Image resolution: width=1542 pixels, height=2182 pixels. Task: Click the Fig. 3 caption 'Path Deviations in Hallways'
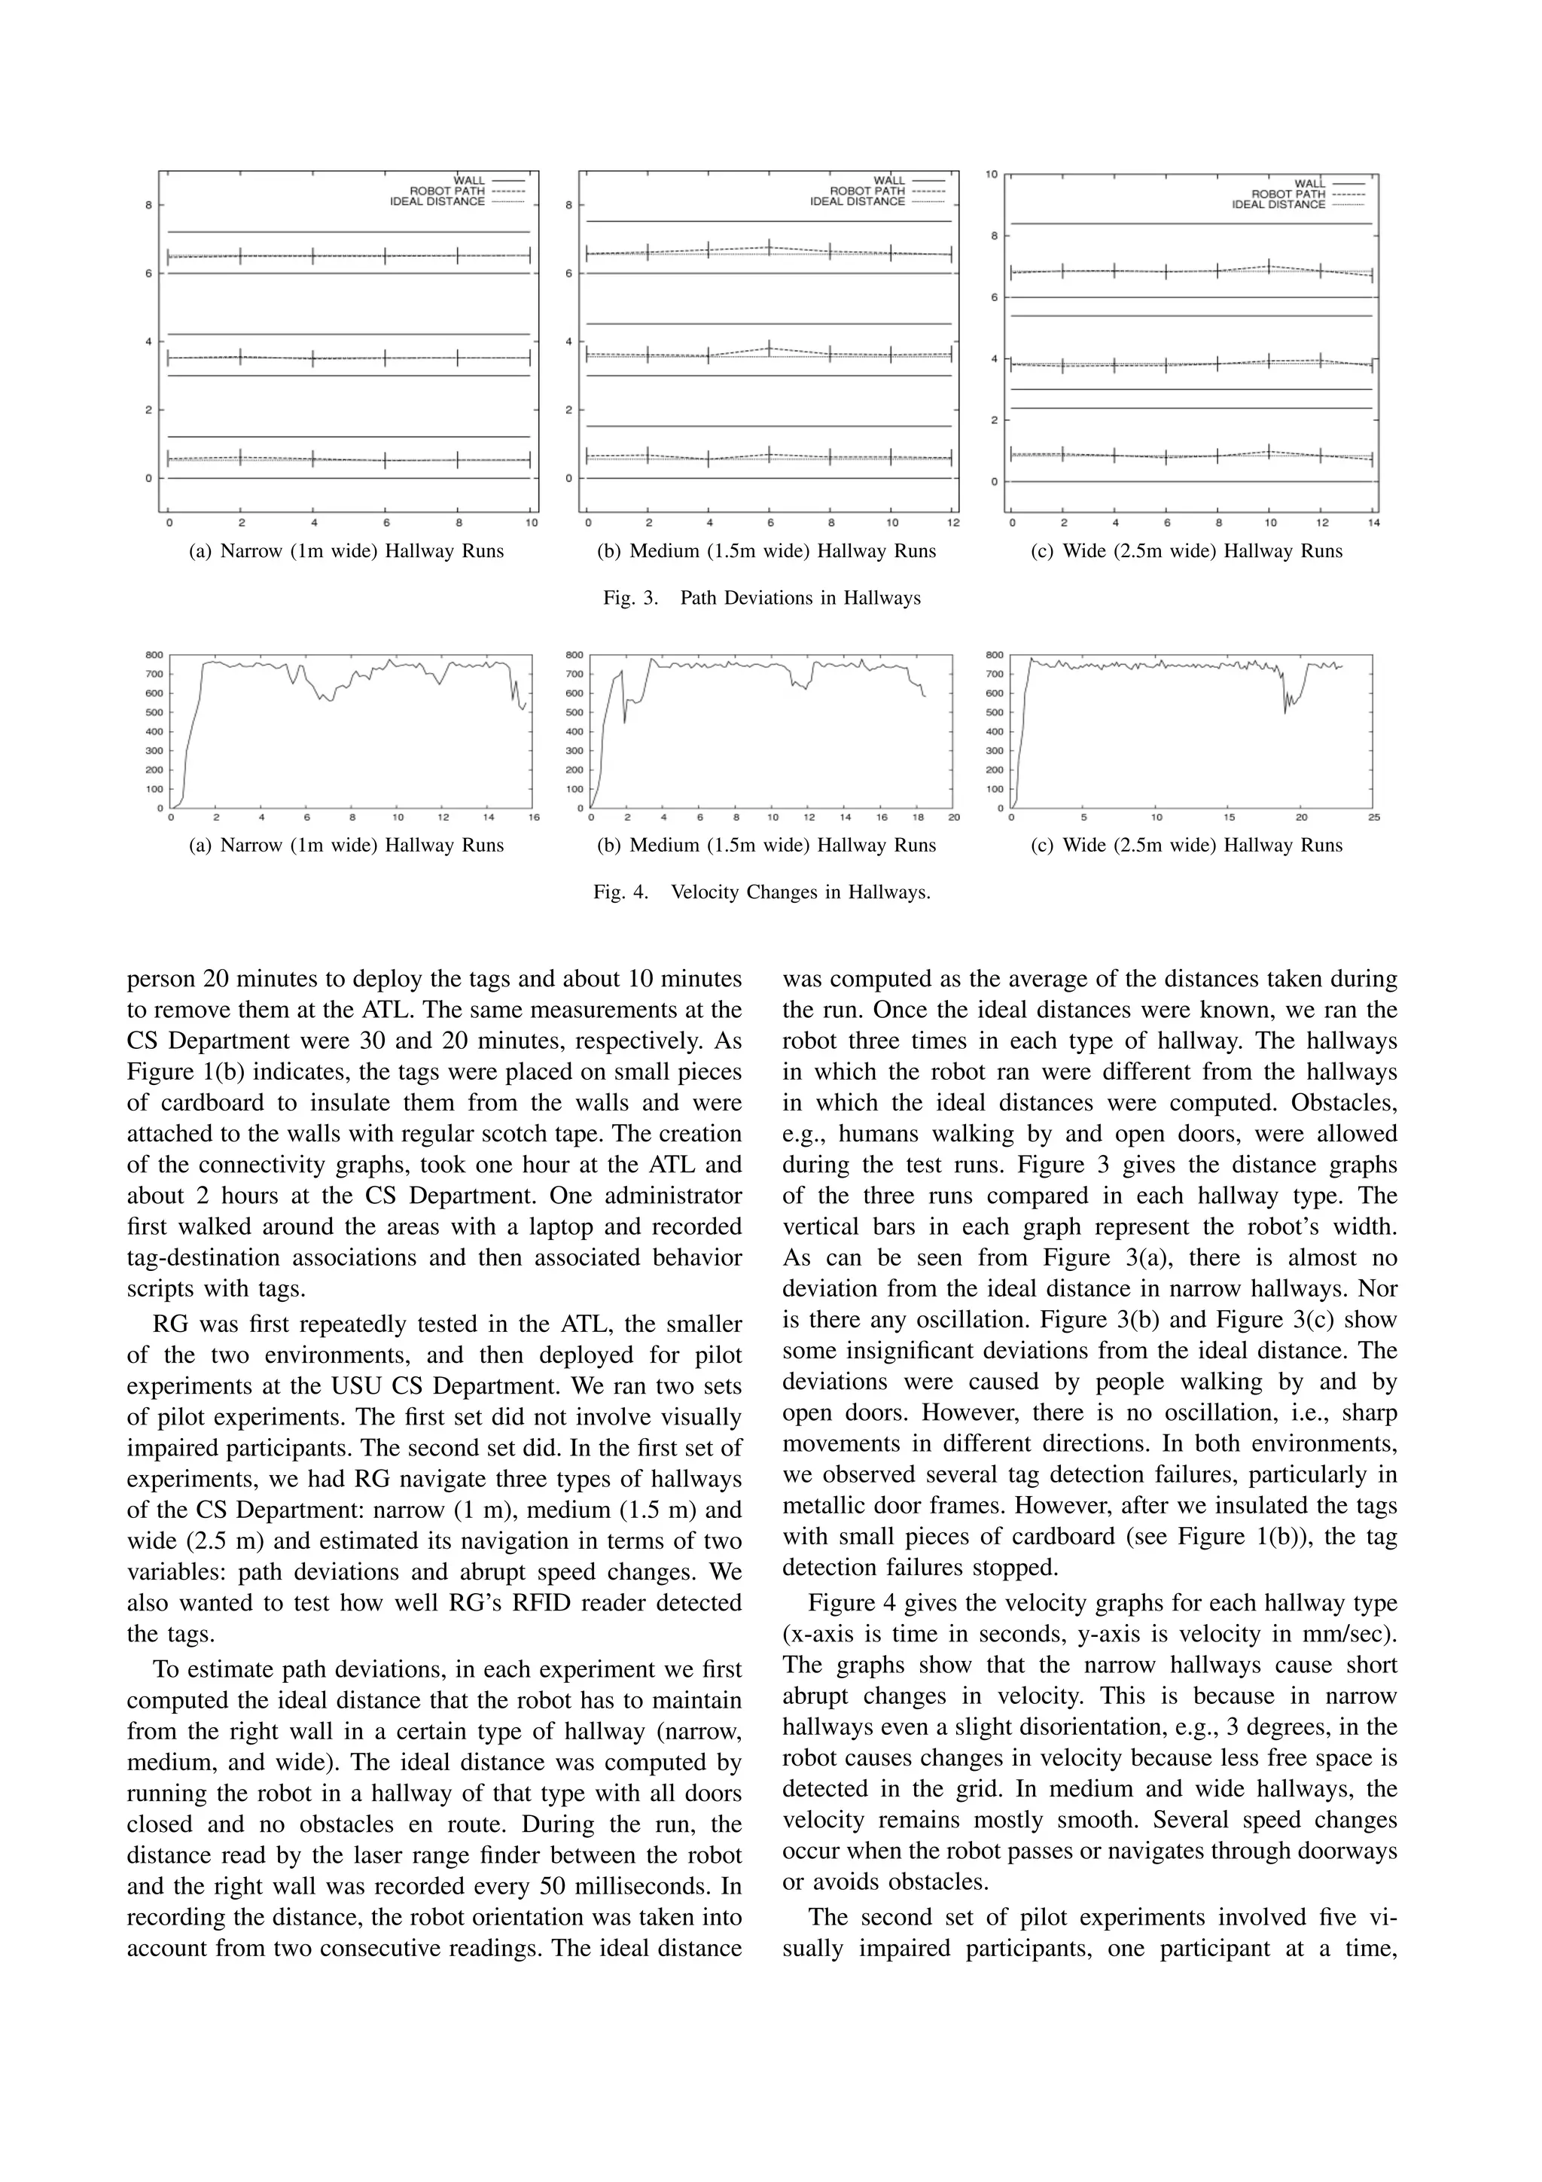[800, 598]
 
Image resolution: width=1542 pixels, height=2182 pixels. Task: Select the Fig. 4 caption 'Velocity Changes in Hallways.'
[800, 892]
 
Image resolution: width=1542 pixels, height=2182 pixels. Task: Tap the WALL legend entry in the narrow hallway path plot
[469, 181]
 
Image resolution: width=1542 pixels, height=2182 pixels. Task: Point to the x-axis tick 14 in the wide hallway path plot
[1374, 523]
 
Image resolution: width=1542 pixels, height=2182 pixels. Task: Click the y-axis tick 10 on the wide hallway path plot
[991, 175]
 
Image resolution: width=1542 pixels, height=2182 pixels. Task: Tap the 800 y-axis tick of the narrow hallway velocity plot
[154, 655]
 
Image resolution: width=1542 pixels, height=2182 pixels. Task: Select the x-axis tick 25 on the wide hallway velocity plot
[1374, 817]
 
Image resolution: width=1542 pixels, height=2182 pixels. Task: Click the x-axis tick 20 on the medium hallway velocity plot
[953, 817]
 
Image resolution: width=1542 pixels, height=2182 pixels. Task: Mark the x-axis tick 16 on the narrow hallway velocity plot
[533, 817]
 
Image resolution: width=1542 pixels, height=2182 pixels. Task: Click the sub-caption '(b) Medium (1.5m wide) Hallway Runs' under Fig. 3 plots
[766, 551]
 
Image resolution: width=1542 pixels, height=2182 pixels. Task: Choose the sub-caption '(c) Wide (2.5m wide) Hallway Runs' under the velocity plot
[1186, 845]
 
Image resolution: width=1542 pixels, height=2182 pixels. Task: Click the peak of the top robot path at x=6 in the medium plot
[769, 247]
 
